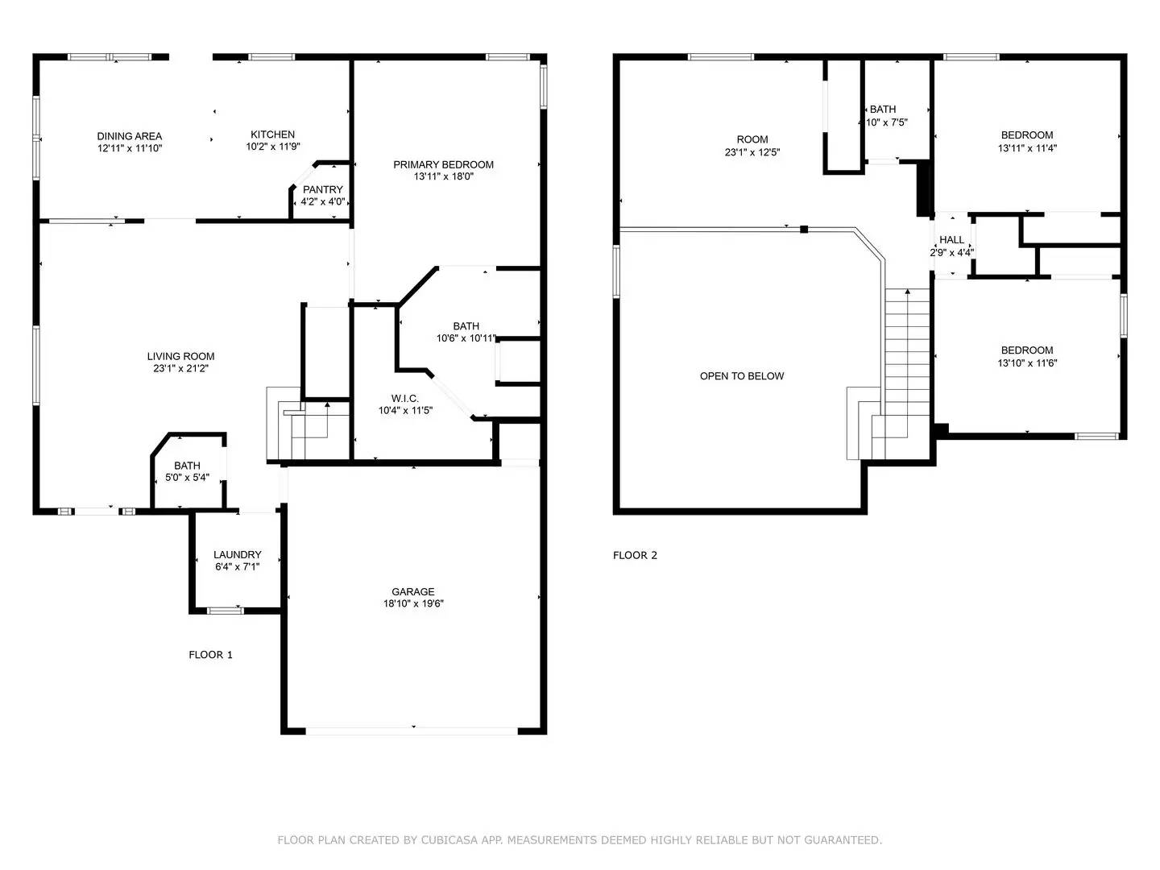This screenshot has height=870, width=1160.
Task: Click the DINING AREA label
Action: point(129,136)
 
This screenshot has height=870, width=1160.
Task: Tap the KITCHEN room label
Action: point(272,135)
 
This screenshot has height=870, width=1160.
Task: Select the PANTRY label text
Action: point(322,189)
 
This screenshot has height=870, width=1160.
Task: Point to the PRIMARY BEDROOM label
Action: point(443,164)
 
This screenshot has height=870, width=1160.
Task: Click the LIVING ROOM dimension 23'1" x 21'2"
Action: point(180,369)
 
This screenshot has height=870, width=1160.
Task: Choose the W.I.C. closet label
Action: point(404,398)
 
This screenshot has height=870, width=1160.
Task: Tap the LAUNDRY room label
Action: point(237,554)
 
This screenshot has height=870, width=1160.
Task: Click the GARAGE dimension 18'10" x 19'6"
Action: point(413,604)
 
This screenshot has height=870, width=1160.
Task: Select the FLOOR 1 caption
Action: point(210,655)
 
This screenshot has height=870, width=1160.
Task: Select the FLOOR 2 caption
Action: point(635,555)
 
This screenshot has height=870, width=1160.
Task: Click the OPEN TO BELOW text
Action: point(741,376)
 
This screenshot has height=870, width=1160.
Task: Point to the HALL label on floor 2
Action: point(951,239)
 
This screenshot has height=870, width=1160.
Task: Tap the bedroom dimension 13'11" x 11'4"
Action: point(1027,148)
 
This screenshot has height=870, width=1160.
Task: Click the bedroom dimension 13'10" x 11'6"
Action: point(1027,363)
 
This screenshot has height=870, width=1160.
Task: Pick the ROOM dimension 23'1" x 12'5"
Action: point(752,152)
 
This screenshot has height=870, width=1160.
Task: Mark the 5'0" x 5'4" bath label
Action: point(187,478)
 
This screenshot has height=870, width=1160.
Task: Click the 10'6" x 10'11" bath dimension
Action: point(466,338)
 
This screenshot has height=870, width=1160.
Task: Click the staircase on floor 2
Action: point(907,362)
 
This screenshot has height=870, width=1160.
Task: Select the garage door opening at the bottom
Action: point(412,731)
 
